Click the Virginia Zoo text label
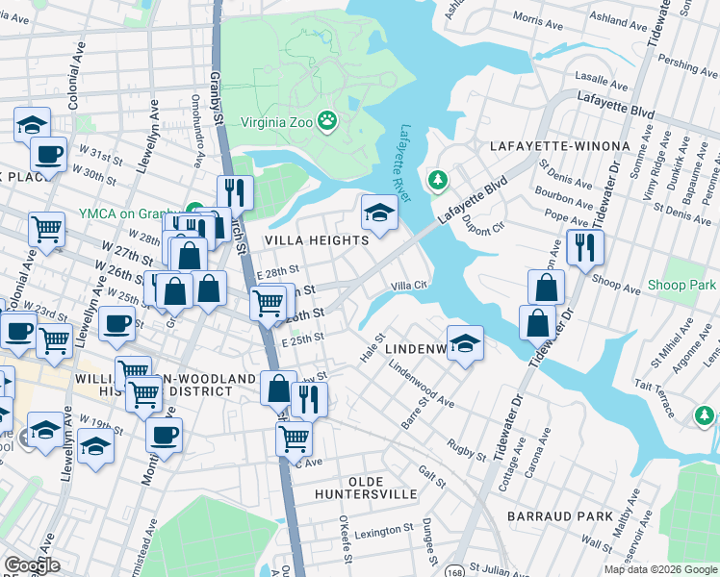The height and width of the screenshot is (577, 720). tap(273, 122)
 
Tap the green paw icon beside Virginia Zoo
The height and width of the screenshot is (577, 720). tap(328, 121)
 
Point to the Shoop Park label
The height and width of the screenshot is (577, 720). tap(681, 286)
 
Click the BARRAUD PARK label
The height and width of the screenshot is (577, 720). tap(563, 516)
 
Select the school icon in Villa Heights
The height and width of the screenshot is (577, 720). tap(379, 213)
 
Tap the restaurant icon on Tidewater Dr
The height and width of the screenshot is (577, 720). tap(584, 249)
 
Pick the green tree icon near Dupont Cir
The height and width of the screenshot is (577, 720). tap(438, 180)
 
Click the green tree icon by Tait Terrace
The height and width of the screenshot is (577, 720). tap(705, 414)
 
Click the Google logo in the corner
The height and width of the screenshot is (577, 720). tap(32, 565)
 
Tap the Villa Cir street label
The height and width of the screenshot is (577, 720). tap(408, 286)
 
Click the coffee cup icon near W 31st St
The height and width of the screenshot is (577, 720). tap(48, 153)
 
